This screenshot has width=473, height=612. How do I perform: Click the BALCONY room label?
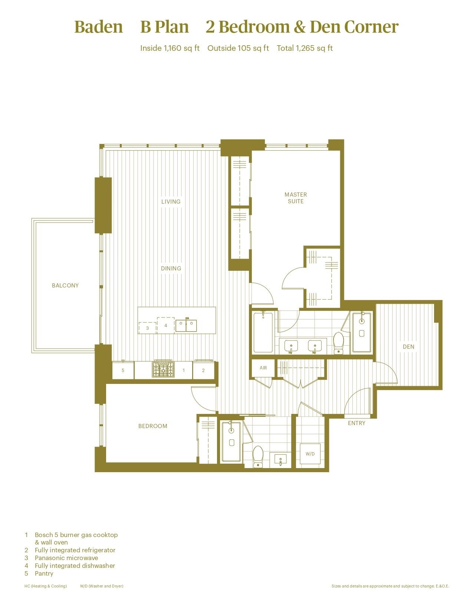pos(65,285)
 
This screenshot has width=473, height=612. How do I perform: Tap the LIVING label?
pos(171,201)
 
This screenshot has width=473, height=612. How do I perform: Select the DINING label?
pos(171,268)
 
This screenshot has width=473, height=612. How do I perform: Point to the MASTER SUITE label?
pos(296,198)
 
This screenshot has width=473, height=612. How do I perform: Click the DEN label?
pos(408,346)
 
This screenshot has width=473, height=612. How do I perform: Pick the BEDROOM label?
pos(153,426)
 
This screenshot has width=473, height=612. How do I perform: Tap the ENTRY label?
pos(357,423)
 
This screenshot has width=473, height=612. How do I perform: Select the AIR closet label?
pos(263,368)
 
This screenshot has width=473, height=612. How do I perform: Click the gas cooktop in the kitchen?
pos(163,369)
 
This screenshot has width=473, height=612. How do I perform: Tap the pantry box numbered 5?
pos(123,370)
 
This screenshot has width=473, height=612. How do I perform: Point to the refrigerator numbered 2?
pos(203,370)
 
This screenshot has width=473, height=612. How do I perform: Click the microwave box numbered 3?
pos(147,328)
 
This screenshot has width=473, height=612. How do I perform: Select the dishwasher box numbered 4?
pos(166,325)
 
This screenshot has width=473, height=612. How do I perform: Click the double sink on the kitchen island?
pos(186,325)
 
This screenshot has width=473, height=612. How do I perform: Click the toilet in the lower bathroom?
pos(258,456)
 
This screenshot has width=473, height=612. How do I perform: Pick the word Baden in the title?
pos(99,27)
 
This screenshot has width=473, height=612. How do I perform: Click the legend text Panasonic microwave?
pos(66,558)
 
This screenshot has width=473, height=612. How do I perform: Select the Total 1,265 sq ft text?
pos(305,48)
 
